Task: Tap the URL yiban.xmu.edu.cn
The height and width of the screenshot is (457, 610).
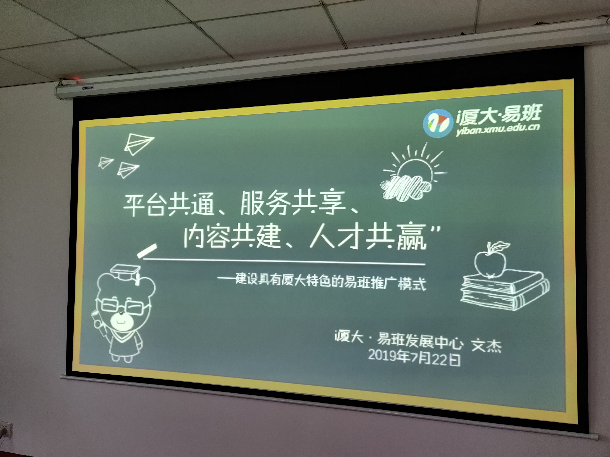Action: point(497,129)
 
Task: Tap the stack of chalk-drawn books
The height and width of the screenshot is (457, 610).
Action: point(505,290)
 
